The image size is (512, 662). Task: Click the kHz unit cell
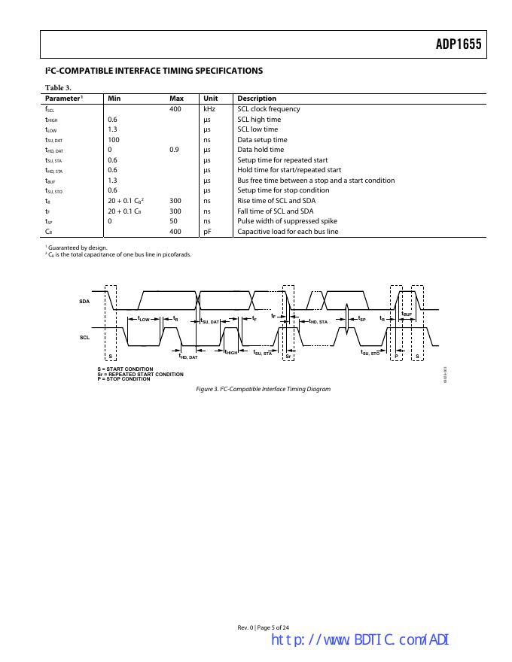[x=210, y=109]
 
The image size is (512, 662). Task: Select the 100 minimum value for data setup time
[x=114, y=140]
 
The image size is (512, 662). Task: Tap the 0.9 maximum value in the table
[x=174, y=150]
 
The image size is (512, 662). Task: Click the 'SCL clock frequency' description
[x=269, y=109]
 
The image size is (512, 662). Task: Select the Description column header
[x=257, y=99]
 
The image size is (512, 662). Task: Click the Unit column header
[x=210, y=99]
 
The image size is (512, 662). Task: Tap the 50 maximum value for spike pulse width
[x=173, y=221]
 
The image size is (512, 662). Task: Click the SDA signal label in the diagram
[x=84, y=302]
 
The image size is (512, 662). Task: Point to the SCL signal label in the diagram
[x=84, y=338]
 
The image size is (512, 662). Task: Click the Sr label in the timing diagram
[x=288, y=356]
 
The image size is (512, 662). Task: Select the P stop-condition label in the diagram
[x=397, y=356]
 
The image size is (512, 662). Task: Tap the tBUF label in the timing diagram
[x=407, y=313]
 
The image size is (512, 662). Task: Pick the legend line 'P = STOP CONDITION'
[x=123, y=379]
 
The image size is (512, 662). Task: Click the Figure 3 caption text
[x=263, y=389]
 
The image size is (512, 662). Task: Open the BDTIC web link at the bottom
[x=359, y=640]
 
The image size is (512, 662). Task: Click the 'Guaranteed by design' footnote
[x=77, y=247]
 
